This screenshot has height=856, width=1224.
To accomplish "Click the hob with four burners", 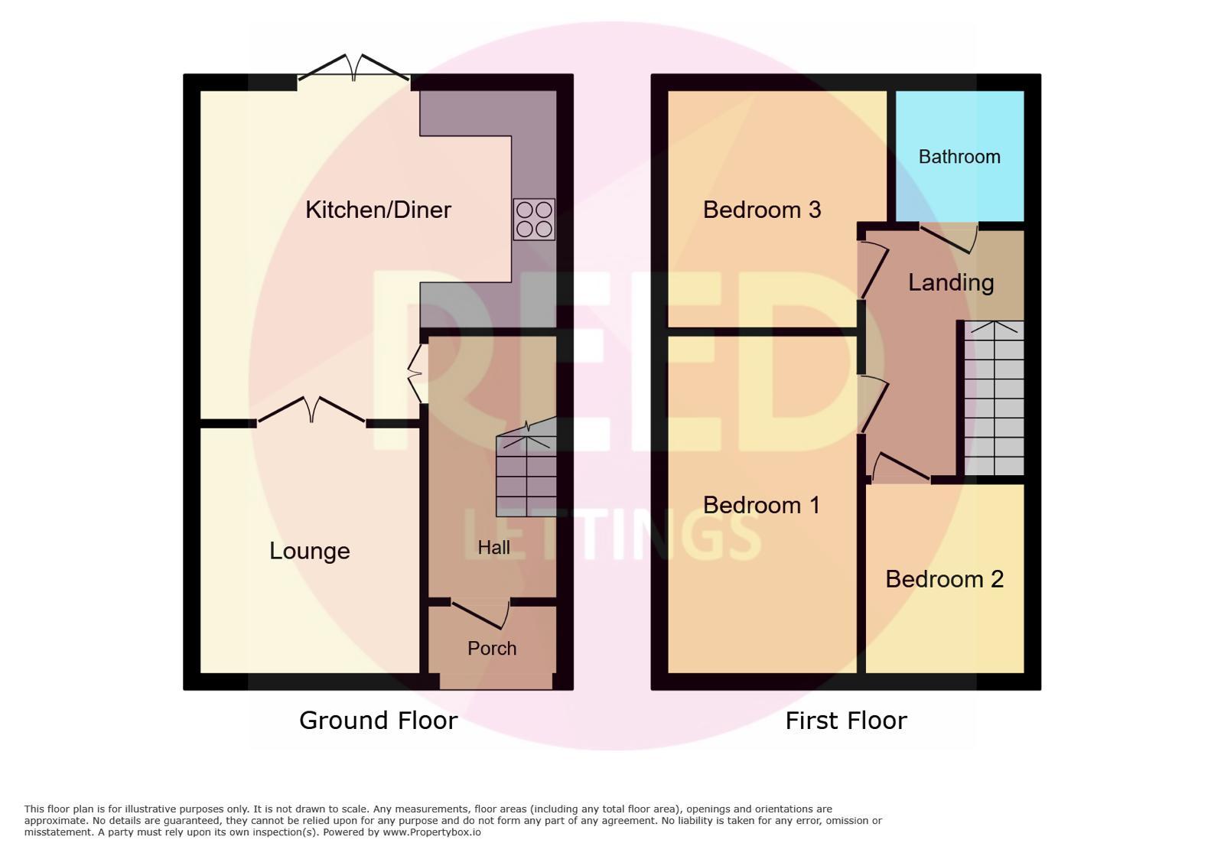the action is coord(534,219).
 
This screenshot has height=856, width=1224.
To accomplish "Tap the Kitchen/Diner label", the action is coord(378,210).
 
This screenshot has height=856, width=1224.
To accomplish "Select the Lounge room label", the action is coord(309,552).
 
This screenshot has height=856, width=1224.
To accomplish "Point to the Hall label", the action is coord(493,548).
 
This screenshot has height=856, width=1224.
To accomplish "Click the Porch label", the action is coord(492,649).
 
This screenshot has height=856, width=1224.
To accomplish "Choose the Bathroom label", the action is coord(959,157).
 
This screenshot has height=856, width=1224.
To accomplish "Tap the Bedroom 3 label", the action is coord(762,210).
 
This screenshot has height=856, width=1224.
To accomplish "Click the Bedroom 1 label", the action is coord(761,506).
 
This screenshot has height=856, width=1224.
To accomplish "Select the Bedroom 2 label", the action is coord(944,579).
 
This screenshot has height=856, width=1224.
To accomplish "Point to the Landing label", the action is coord(951,283).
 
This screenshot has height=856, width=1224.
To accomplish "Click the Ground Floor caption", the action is coord(378,721).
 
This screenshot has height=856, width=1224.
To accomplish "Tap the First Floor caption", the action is coord(846,721).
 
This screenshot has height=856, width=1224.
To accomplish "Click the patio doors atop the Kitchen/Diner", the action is coord(354,68).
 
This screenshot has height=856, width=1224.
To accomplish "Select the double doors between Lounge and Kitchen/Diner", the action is coord(311,410).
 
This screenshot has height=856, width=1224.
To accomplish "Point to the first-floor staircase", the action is coord(994,399).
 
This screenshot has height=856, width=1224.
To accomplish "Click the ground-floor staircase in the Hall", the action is coord(526,467).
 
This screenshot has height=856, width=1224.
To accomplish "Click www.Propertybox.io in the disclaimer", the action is coord(431,832).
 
